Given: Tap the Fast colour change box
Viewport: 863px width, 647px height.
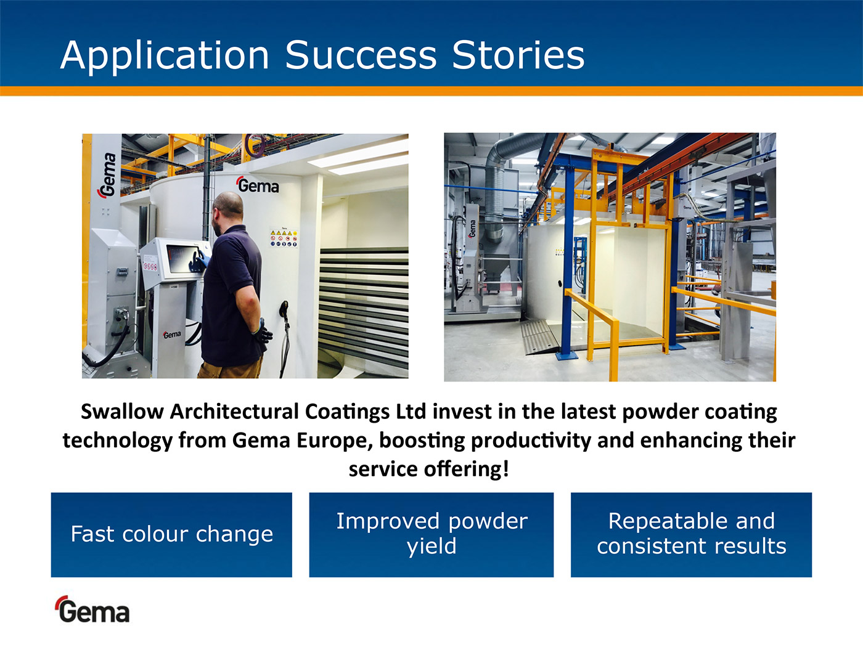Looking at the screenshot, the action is [171, 535].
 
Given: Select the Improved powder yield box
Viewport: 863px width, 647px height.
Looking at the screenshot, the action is [431, 535].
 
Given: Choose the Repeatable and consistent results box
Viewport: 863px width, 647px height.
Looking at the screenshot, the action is [691, 535].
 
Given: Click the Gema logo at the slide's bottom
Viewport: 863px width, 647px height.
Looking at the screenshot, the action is [92, 609].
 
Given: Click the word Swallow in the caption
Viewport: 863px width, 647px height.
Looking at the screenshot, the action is [122, 412].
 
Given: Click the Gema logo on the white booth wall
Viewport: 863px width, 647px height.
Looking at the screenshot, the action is [258, 185].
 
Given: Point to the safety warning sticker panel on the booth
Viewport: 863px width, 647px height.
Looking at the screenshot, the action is [284, 237].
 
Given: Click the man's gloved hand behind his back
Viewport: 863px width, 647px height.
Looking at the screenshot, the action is [262, 332].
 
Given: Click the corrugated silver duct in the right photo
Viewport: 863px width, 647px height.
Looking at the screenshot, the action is [496, 185].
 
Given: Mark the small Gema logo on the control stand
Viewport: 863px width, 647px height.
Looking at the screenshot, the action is [172, 335].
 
